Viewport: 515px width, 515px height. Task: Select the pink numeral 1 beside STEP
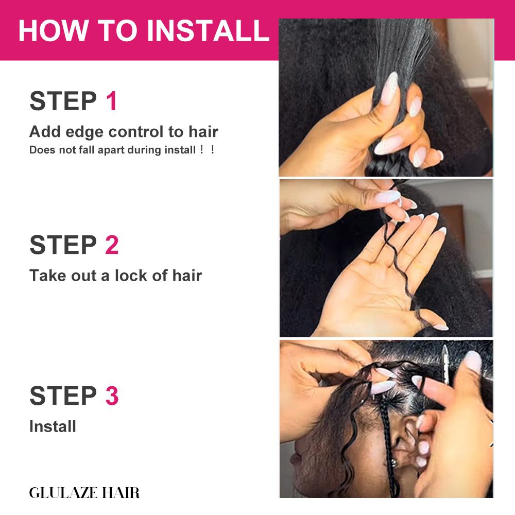(x=112, y=101)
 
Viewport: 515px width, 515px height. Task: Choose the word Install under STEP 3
(x=53, y=426)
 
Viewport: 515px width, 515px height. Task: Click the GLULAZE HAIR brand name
(x=84, y=492)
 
